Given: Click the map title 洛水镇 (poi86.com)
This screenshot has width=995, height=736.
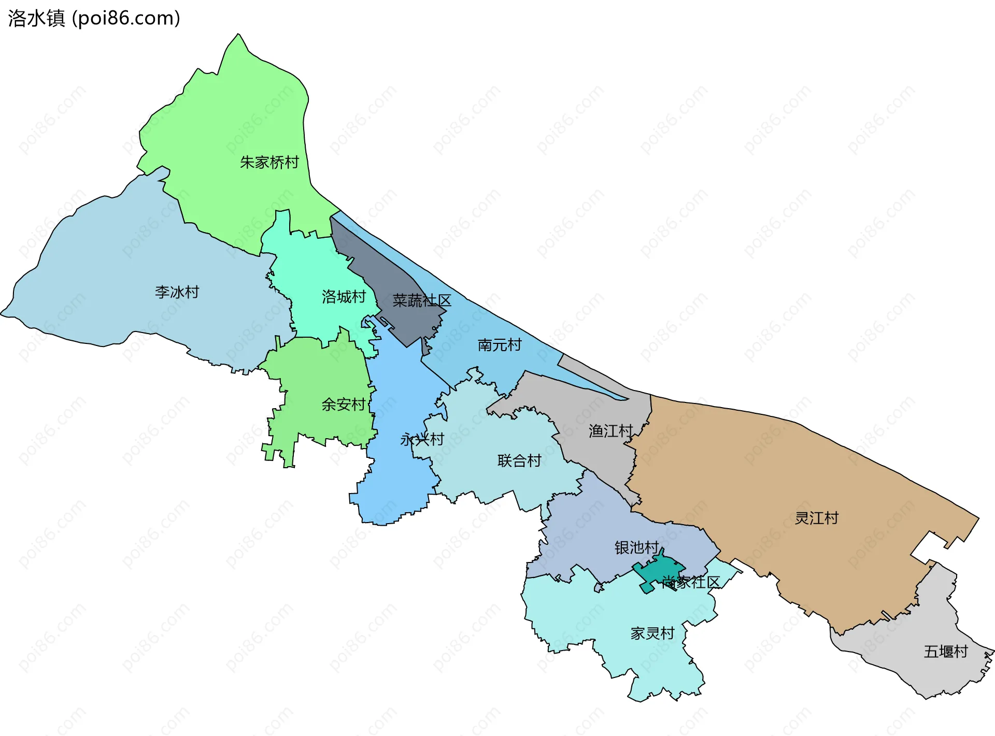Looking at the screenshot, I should pos(94,18).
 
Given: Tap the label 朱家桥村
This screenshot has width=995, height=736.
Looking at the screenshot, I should pos(269,163).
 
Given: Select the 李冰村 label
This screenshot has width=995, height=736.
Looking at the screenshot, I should pos(177,292).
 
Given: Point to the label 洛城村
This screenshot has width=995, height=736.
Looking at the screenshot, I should pos(344,297).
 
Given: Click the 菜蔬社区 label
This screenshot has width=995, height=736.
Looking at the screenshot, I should pos(421,300).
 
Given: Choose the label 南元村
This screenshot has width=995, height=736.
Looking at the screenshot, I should pos(499,345).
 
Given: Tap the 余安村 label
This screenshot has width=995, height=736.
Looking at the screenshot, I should pos(343,404).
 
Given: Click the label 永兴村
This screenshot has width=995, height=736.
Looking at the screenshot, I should pos(422,439).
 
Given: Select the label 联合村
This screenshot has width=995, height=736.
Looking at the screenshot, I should pos(519,460).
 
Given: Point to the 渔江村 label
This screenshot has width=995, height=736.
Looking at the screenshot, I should pos(610,431).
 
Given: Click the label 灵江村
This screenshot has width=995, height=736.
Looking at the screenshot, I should pos(816,518).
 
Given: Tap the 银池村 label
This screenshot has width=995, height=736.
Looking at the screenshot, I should pos(636,547).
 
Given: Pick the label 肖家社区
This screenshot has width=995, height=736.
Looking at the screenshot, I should pos(691,582).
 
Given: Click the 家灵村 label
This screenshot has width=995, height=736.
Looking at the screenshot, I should pos(652,633).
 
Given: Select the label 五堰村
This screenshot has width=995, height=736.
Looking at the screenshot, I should pos(945,652).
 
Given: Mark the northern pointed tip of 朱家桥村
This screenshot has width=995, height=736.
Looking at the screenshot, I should pos(238,35).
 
